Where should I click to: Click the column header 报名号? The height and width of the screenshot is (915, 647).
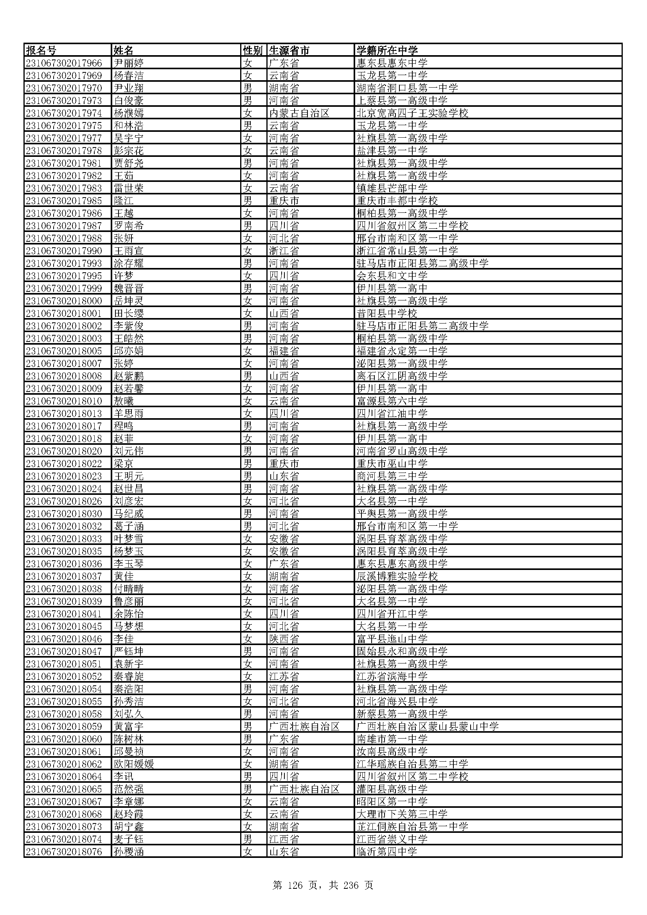(x=41, y=50)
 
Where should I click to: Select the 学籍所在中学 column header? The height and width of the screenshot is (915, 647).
(x=387, y=50)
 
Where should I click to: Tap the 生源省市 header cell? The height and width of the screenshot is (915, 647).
(x=289, y=50)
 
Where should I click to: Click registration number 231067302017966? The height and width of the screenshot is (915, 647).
(x=64, y=63)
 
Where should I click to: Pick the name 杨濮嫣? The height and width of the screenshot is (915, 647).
(x=128, y=113)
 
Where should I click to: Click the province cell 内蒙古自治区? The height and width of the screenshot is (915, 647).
(x=299, y=113)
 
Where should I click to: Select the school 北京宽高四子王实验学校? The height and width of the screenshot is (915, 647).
(x=412, y=113)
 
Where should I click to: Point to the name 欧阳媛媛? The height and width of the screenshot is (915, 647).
(x=133, y=764)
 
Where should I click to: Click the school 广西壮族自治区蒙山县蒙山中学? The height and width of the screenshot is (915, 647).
(x=428, y=726)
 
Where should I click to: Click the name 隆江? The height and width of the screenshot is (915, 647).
(x=124, y=201)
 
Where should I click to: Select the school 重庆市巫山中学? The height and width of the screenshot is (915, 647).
(x=392, y=464)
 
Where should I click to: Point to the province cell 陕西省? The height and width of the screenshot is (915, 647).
(x=284, y=639)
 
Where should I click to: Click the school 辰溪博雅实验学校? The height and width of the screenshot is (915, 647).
(x=397, y=576)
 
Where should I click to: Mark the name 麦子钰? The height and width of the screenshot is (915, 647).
(x=128, y=839)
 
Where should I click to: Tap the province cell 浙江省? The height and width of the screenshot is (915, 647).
(x=284, y=251)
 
